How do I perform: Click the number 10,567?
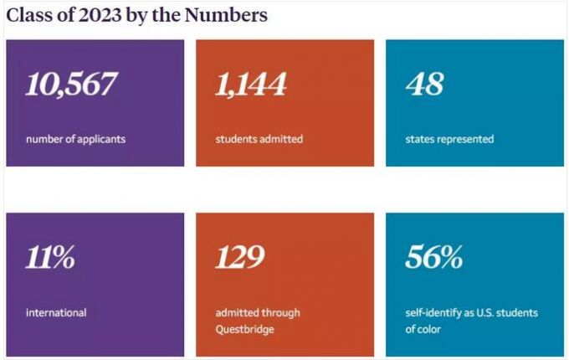point(72,85)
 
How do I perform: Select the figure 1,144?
point(251,85)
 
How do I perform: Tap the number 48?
point(424,85)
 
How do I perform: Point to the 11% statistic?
point(50,258)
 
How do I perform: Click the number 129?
point(240,258)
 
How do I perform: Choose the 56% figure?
point(433,258)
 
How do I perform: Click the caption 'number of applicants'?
point(75,139)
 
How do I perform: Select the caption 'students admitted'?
point(259,139)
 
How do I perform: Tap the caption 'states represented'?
point(449,139)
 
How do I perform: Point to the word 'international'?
point(56,313)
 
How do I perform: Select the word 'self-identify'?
point(433,313)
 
